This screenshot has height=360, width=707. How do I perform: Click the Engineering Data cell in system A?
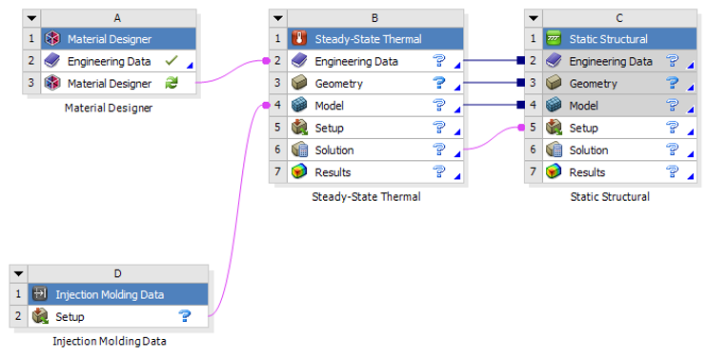point(109,61)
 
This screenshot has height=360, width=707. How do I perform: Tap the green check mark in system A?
point(172,61)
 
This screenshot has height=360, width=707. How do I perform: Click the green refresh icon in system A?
point(172,84)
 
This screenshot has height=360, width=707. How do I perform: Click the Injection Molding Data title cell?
point(109,294)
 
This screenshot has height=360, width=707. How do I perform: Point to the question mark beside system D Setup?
point(185,316)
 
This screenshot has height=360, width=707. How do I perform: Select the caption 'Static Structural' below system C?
point(609,197)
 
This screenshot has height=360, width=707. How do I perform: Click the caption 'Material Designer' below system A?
point(108,108)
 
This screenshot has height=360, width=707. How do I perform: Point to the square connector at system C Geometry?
point(521,84)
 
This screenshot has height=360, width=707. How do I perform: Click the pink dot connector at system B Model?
point(266,106)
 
